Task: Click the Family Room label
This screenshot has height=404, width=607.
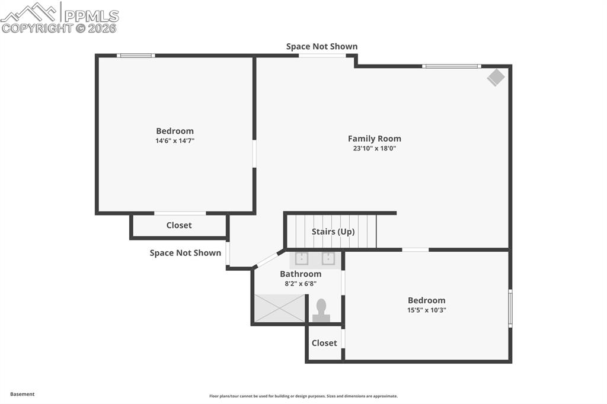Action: [374, 139]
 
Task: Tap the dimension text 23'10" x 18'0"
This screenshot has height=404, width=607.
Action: [374, 149]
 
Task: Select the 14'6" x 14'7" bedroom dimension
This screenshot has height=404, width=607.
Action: [175, 141]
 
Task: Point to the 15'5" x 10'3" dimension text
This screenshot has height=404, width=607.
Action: [426, 310]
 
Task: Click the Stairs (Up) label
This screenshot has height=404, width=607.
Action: [333, 232]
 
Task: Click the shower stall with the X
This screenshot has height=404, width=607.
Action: [279, 308]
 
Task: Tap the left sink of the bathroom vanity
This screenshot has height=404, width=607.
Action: [301, 258]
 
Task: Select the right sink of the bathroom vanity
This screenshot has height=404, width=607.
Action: [328, 258]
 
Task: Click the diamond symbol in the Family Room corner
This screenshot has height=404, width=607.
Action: [496, 78]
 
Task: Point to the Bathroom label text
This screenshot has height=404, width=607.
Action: [301, 274]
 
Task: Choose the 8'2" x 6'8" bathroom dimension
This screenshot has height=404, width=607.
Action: [301, 284]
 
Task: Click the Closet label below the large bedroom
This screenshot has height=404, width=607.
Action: [179, 225]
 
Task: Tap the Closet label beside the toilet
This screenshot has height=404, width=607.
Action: [324, 343]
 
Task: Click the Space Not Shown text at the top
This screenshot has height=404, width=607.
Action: [322, 46]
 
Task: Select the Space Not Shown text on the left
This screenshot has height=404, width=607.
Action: [185, 253]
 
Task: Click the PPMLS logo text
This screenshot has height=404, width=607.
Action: [91, 16]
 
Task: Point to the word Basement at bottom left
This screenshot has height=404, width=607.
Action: [23, 394]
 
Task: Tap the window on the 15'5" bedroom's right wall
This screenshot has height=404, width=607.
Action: [510, 308]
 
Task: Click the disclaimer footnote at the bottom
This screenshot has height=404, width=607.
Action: [303, 396]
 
